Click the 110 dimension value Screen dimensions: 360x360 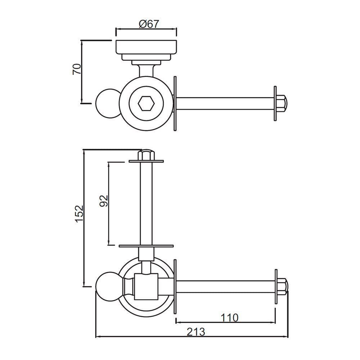point(229,318)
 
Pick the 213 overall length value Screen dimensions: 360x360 point(196,332)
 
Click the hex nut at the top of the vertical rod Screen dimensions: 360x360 point(146,155)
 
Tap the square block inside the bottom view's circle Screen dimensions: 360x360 point(146,287)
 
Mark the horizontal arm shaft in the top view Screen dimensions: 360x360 point(225,103)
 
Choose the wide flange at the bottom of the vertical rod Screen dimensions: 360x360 point(146,246)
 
